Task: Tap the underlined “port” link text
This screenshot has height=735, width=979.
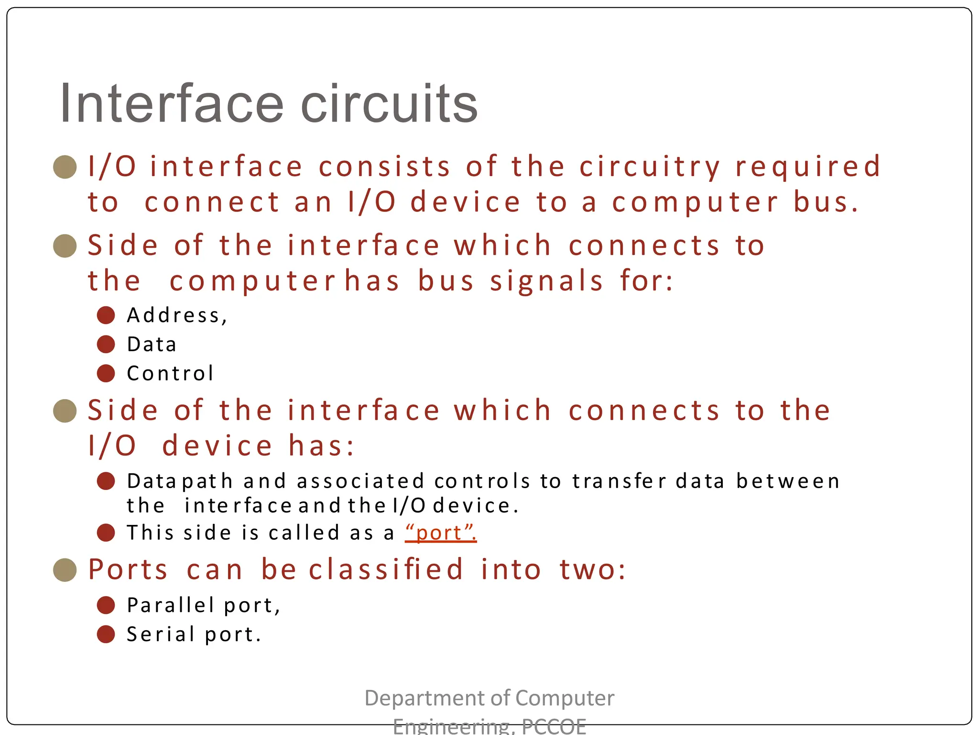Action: pos(440,533)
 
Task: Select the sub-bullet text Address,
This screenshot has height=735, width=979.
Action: pos(177,315)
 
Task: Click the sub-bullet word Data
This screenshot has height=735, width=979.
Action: pos(152,345)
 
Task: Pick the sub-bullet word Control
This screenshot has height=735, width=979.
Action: pos(170,374)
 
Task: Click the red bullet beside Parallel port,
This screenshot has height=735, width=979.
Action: pos(106,605)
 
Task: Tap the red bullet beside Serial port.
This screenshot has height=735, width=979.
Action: pos(106,635)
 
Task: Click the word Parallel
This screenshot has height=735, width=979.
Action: pos(170,605)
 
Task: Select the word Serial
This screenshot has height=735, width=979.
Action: pos(161,635)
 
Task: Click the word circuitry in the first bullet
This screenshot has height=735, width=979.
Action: pos(650,167)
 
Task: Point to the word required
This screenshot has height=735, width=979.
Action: pos(808,167)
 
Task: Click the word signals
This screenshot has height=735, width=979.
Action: pos(546,281)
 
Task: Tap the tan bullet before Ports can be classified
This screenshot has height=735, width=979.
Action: pos(65,570)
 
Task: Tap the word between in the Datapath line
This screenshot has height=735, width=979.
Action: pos(788,481)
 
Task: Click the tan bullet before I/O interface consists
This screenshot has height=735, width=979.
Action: pos(65,167)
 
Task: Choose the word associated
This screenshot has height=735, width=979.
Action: pos(360,481)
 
